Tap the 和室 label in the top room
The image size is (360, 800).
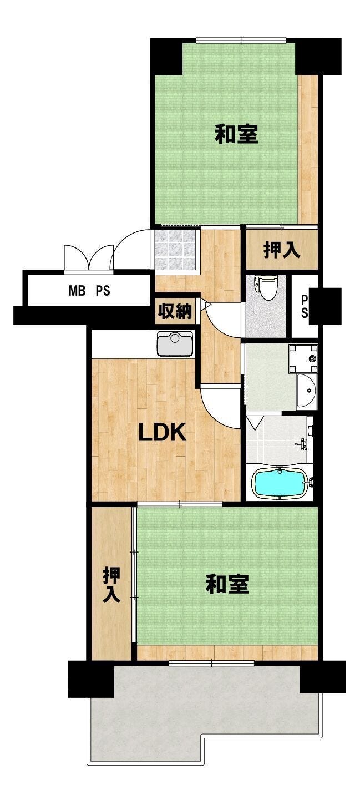236,134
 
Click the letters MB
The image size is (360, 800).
78,291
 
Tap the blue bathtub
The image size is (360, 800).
280,483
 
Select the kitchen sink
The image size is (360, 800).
175,343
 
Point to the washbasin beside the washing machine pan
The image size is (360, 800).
306,391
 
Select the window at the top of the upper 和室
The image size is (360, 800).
241,39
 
